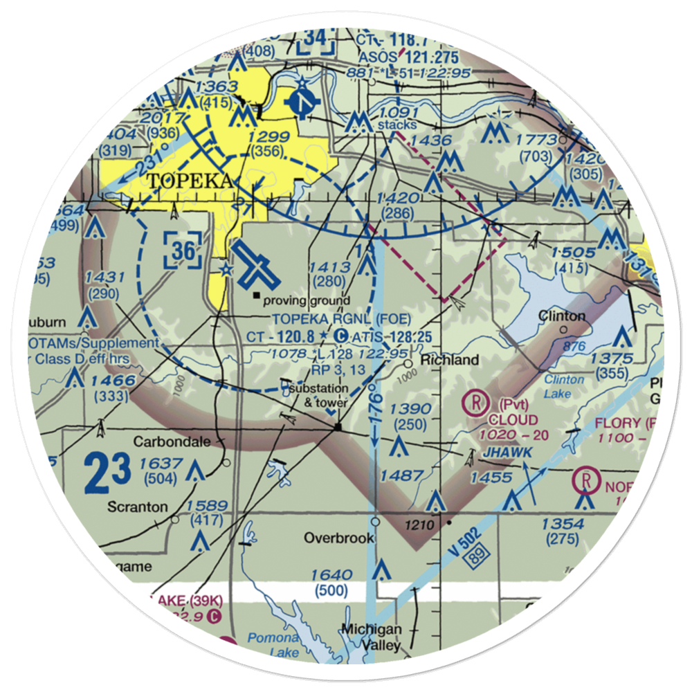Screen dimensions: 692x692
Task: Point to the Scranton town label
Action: pyautogui.click(x=137, y=507)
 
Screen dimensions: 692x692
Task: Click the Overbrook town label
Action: pyautogui.click(x=339, y=538)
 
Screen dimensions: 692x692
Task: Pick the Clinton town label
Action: pyautogui.click(x=562, y=316)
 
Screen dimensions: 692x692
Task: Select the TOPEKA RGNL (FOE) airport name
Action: pyautogui.click(x=342, y=318)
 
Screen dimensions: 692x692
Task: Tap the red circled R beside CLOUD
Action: pyautogui.click(x=475, y=401)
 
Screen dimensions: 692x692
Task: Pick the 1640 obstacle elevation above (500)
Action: pyautogui.click(x=333, y=574)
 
